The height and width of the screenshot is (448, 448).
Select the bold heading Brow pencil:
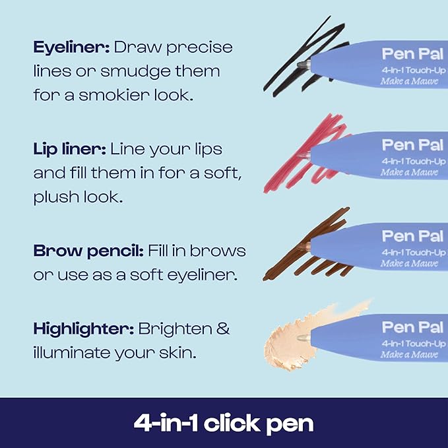[84, 251]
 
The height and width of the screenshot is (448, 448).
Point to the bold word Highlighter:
[83, 329]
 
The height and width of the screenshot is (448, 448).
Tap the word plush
[56, 197]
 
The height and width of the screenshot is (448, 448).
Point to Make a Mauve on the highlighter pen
[409, 355]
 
